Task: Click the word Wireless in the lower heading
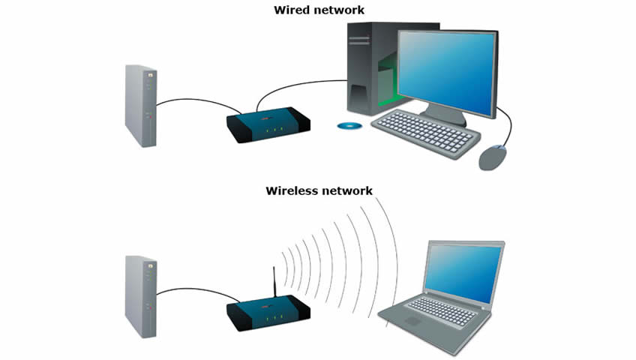tap(292, 190)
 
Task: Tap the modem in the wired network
tap(140, 106)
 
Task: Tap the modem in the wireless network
tap(140, 296)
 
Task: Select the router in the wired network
tap(268, 124)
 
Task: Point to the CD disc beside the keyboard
tap(349, 126)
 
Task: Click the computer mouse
tap(492, 157)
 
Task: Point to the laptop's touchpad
tap(413, 319)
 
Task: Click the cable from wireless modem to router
tap(195, 289)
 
